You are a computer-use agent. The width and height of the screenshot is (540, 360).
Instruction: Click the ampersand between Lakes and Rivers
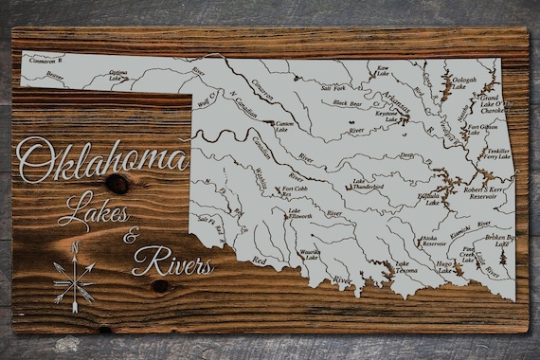click(x=131, y=235)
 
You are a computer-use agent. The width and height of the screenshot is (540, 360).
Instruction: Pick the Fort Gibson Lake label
click(x=481, y=129)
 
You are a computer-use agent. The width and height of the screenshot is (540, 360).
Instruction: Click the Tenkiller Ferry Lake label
click(x=497, y=154)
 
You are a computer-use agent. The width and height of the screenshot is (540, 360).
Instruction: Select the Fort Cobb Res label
click(x=296, y=191)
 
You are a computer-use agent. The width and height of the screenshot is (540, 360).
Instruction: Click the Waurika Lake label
click(x=309, y=254)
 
